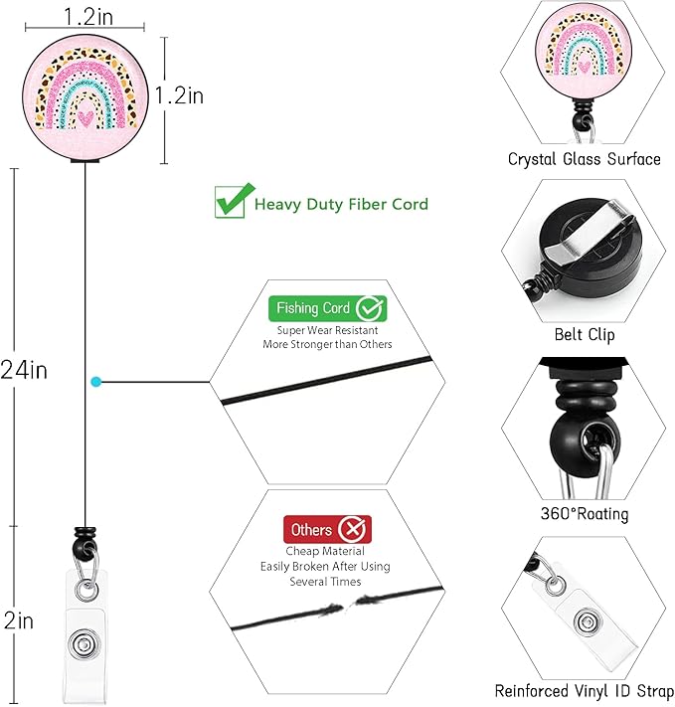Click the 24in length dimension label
click(x=24, y=370)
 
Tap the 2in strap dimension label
click(x=19, y=620)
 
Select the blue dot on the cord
click(x=96, y=382)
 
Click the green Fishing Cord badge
click(x=327, y=308)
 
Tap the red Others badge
click(x=327, y=529)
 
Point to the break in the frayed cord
click(x=346, y=606)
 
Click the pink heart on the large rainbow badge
click(x=85, y=118)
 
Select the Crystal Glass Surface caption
click(x=584, y=159)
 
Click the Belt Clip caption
click(x=585, y=334)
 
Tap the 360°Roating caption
click(x=585, y=513)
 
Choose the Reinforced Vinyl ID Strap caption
click(x=585, y=691)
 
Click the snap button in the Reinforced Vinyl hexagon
click(x=588, y=622)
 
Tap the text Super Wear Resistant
click(x=327, y=330)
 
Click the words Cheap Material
click(x=325, y=551)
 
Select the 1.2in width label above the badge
click(x=88, y=17)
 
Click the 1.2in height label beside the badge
click(x=179, y=95)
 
